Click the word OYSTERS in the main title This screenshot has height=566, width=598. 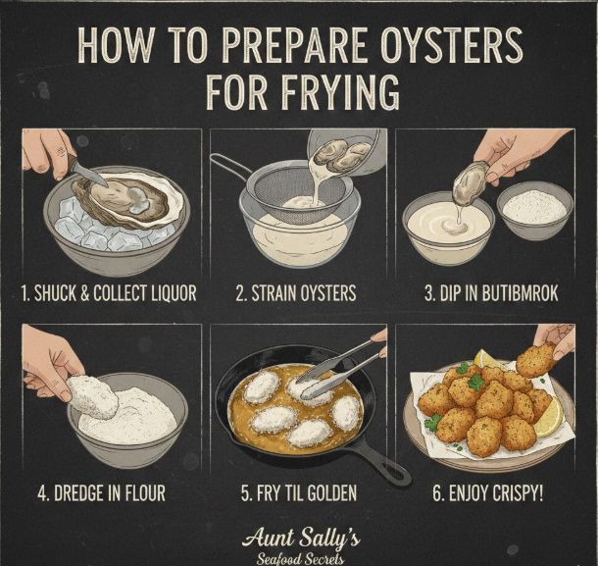[452, 45]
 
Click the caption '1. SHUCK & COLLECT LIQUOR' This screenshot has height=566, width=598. [109, 293]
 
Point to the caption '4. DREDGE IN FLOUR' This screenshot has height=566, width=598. [101, 492]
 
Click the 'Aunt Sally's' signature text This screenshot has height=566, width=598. [301, 539]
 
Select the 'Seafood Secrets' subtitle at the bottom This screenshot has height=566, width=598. [300, 558]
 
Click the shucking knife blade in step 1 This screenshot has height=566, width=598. [90, 174]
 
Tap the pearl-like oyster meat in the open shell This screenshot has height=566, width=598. [139, 206]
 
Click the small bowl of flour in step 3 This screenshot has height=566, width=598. [534, 211]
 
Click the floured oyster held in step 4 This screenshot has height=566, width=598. [93, 397]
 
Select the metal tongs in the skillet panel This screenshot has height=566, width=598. [338, 370]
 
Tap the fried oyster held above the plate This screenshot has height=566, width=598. [536, 360]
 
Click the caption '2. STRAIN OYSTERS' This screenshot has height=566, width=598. [296, 293]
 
